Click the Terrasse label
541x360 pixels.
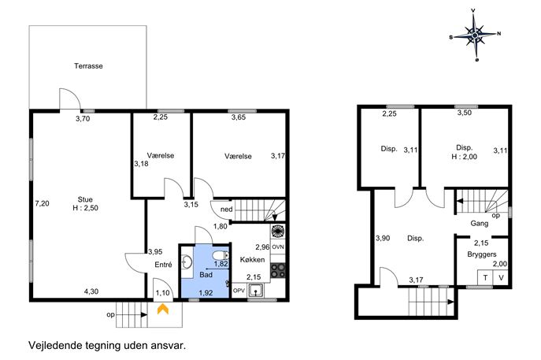coord(88,66)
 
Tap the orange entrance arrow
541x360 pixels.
coord(163,309)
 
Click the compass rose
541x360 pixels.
coord(475,35)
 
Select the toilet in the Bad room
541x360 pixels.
coord(220,256)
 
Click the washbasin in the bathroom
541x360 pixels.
coord(187,262)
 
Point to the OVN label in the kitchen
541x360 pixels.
coord(278,247)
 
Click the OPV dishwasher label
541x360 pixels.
coord(239,291)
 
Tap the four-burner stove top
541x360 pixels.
coord(278,271)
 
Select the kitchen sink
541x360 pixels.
coord(255,291)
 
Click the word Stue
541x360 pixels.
coord(85,199)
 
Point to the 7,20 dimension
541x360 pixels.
coord(42,204)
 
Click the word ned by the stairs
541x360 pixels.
coord(226,210)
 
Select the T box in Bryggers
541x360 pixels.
coord(485,277)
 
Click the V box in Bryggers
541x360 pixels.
coord(501,277)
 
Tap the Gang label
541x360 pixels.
coord(480,224)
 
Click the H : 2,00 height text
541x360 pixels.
coord(465,157)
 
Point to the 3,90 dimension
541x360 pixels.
coord(383,238)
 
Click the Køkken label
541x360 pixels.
coord(252,259)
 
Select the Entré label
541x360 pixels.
coord(163,265)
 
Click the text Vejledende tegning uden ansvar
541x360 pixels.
coord(107,346)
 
